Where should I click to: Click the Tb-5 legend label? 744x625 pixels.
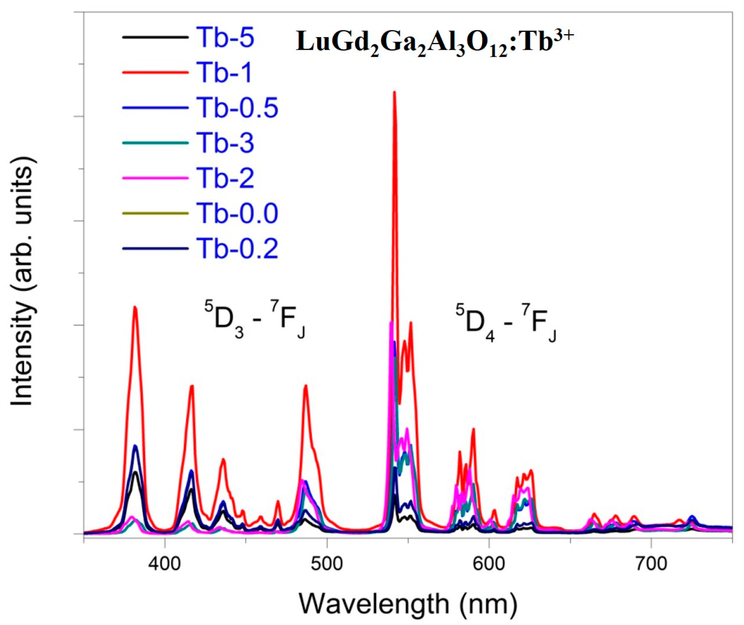click(225, 37)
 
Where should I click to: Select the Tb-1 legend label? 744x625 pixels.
click(224, 73)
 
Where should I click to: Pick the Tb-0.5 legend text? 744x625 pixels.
click(237, 108)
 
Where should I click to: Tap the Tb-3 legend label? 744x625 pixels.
click(225, 143)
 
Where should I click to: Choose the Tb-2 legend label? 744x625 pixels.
click(225, 178)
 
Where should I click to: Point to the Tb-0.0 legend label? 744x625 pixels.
click(237, 213)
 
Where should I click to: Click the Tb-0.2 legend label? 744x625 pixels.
click(237, 249)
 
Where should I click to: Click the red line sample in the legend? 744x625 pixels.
click(155, 73)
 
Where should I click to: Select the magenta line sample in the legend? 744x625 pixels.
click(155, 178)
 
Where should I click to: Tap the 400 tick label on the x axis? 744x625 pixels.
click(164, 563)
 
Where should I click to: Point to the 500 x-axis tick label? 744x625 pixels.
click(327, 563)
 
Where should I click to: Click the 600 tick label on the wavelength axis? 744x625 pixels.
click(489, 563)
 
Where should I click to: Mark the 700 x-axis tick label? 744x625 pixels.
click(651, 563)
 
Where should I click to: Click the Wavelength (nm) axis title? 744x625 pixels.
click(408, 603)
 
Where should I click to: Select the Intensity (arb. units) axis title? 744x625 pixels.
click(22, 281)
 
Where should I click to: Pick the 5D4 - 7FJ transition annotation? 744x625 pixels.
click(506, 323)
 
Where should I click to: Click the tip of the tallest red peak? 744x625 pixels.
click(394, 92)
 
